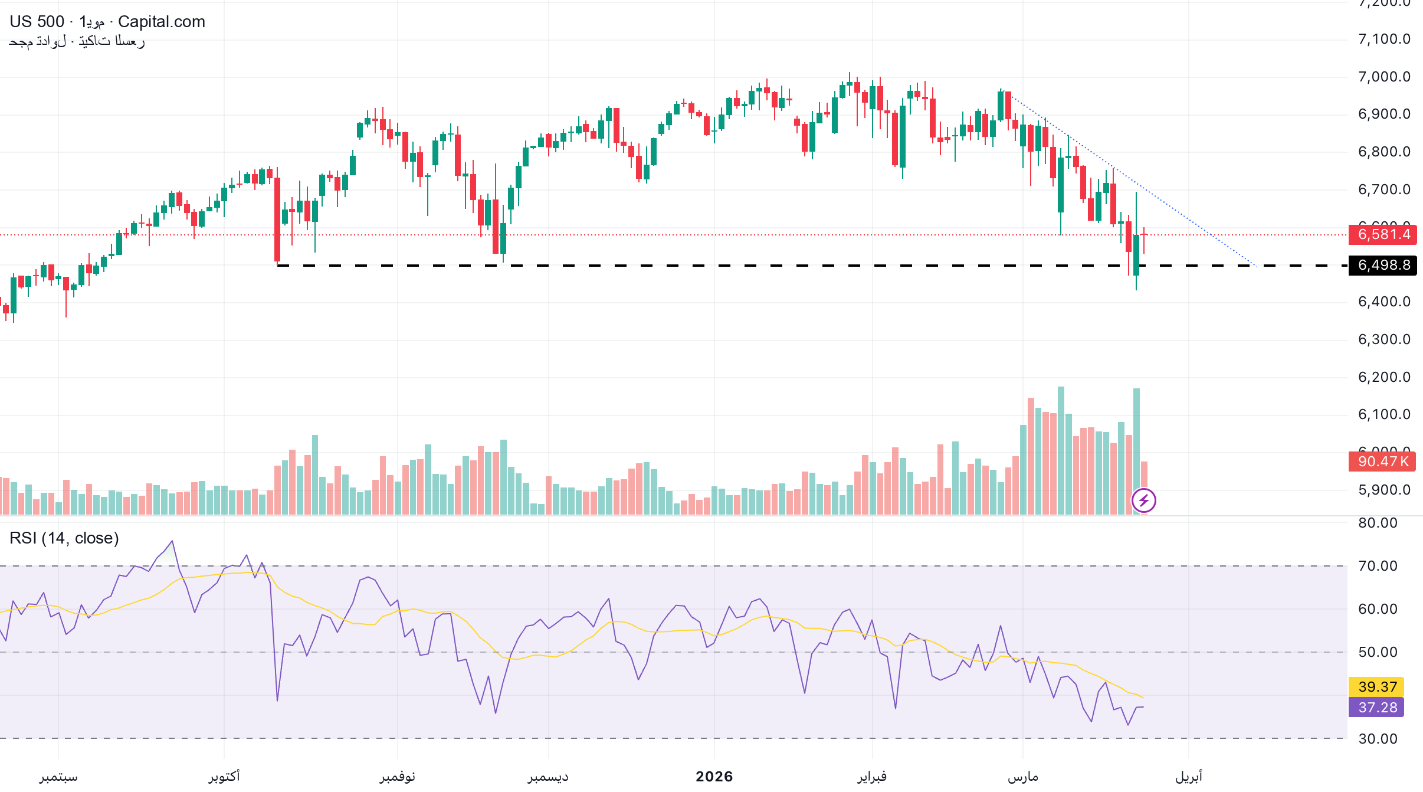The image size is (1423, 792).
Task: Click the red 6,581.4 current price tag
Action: click(1382, 234)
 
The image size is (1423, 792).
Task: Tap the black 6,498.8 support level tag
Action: click(1382, 265)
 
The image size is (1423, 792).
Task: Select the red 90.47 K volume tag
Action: click(1382, 462)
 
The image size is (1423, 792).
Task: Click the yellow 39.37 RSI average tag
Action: click(1376, 686)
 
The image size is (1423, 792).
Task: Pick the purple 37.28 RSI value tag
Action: click(1376, 707)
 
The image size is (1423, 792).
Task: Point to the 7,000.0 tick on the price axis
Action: click(1383, 77)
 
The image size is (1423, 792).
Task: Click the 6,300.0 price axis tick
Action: click(1383, 339)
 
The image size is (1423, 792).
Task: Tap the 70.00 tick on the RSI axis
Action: click(1378, 566)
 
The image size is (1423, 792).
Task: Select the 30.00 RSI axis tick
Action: click(1378, 739)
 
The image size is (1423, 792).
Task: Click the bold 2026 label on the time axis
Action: click(714, 777)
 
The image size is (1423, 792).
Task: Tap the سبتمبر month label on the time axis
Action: click(58, 777)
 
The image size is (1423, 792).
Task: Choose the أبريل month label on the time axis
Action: click(1188, 777)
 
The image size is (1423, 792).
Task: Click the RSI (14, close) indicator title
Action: click(64, 538)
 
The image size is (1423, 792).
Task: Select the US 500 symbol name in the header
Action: click(37, 22)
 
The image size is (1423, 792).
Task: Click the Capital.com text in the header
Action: click(162, 22)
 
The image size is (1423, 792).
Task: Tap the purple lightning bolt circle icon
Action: click(1144, 501)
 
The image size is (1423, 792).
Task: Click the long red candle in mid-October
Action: click(277, 218)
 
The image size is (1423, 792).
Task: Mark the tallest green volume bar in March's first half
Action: click(1061, 450)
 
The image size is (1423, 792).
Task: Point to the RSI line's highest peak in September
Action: click(172, 541)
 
